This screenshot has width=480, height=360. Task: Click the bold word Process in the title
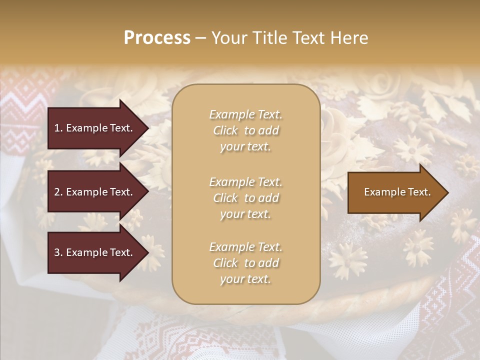[157, 38]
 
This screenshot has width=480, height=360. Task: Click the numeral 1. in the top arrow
[59, 128]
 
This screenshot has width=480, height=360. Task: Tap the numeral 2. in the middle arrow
[59, 192]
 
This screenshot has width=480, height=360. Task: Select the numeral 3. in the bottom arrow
[59, 252]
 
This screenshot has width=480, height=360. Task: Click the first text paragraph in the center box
[245, 130]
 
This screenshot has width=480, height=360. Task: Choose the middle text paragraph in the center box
[245, 198]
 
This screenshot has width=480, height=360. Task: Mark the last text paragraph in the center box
[245, 263]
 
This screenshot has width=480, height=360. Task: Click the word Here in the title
[350, 38]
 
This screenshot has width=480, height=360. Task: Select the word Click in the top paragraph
[225, 130]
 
